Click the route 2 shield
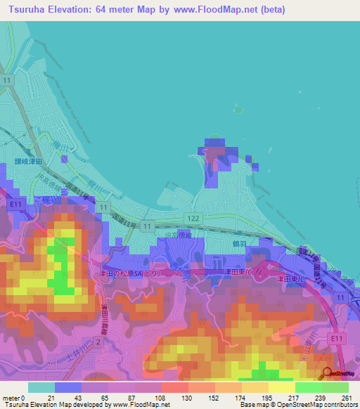click(x=98, y=341)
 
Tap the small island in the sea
click(x=238, y=110)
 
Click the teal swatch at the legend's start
click(x=41, y=387)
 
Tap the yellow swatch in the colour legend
click(x=281, y=387)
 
